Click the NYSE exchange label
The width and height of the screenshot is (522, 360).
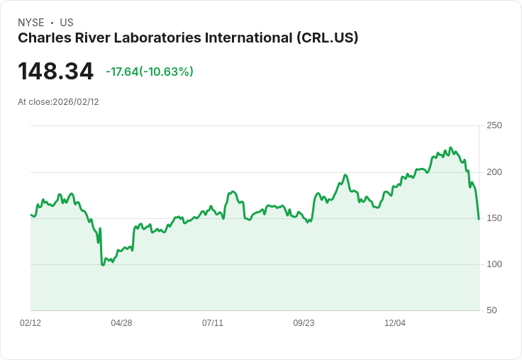pyautogui.click(x=30, y=23)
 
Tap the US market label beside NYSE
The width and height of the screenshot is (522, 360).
pyautogui.click(x=67, y=23)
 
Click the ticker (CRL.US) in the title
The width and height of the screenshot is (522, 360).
pyautogui.click(x=327, y=38)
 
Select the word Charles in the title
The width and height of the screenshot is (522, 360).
pyautogui.click(x=42, y=38)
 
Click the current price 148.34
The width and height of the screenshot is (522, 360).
pyautogui.click(x=55, y=72)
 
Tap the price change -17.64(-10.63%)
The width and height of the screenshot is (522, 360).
pyautogui.click(x=149, y=72)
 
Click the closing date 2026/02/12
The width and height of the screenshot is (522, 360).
pyautogui.click(x=76, y=102)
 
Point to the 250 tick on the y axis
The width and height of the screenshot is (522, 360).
pyautogui.click(x=494, y=125)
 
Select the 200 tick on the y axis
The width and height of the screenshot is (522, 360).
pyautogui.click(x=494, y=172)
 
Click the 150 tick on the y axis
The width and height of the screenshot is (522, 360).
pyautogui.click(x=494, y=218)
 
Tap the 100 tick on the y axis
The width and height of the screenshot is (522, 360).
pyautogui.click(x=494, y=264)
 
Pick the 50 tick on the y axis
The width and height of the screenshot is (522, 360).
pyautogui.click(x=492, y=310)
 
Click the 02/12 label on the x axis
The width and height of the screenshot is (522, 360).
pyautogui.click(x=30, y=323)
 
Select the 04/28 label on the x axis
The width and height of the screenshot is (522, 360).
pyautogui.click(x=121, y=323)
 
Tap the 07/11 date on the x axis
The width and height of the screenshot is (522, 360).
pyautogui.click(x=213, y=323)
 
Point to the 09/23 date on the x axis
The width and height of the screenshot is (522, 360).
pyautogui.click(x=304, y=323)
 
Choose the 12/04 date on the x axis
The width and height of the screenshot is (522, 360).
pyautogui.click(x=395, y=323)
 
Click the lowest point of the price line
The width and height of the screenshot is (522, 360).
pyautogui.click(x=103, y=265)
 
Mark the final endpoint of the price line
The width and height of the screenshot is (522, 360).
pyautogui.click(x=479, y=219)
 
